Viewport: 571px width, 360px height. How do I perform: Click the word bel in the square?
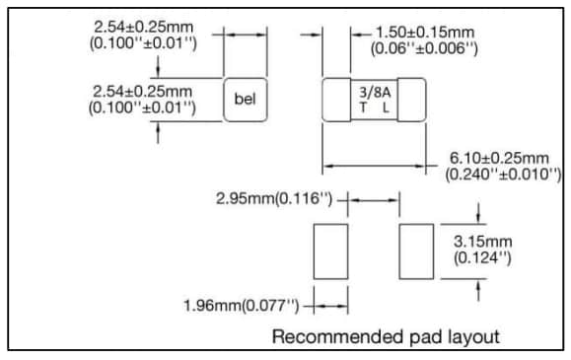247,99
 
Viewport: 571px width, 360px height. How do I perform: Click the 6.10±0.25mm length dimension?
499,158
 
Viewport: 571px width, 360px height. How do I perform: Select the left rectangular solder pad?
330,251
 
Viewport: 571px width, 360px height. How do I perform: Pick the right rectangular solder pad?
415,251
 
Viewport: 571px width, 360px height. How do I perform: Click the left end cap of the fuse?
337,99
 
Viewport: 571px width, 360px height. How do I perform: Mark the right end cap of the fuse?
411,99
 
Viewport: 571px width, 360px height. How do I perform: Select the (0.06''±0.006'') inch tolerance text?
425,48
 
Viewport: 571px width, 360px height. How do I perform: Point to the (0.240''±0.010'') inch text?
497,175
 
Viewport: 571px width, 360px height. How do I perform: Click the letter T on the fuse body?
362,107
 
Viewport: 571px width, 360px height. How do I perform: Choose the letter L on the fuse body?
385,107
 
